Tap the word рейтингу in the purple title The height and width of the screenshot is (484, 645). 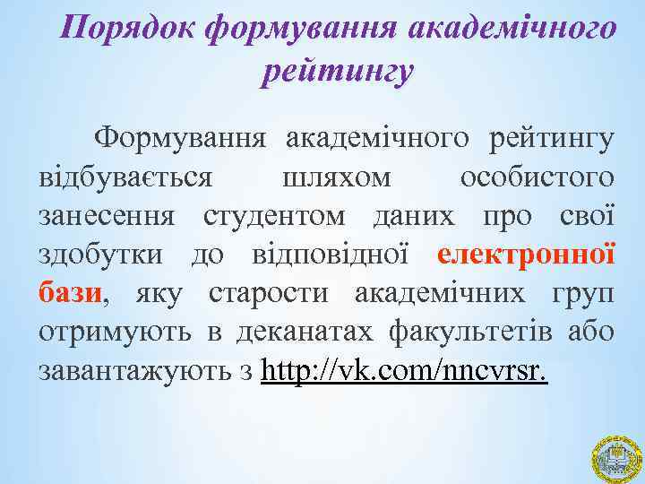(337, 70)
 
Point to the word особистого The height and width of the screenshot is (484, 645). (537, 177)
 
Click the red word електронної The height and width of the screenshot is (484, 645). (527, 254)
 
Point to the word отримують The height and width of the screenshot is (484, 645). (114, 331)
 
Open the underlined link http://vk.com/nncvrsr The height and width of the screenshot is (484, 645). (404, 369)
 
